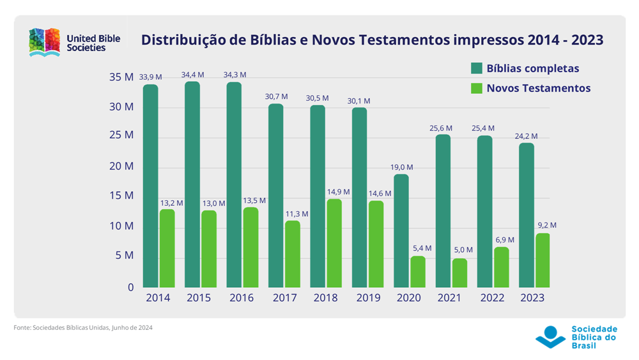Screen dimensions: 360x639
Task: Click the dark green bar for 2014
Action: (x=150, y=185)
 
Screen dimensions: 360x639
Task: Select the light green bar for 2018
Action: (x=334, y=243)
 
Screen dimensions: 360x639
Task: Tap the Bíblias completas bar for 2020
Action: (x=401, y=230)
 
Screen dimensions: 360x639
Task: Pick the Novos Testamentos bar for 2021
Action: (x=459, y=273)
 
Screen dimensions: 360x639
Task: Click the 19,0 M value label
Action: (x=401, y=168)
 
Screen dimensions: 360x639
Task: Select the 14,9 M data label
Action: (x=337, y=192)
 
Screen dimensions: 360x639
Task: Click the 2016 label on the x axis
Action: (x=241, y=298)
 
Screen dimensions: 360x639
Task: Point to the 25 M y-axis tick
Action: (x=121, y=136)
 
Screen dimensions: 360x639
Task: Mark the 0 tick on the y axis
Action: (x=130, y=288)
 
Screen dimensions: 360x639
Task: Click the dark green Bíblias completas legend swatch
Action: (x=476, y=68)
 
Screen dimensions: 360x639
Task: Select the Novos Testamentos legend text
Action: (x=538, y=88)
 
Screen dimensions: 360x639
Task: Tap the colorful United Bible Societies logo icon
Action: (x=45, y=42)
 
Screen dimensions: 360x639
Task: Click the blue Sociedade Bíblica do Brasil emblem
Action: (x=550, y=336)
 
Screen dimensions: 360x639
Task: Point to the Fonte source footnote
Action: (x=83, y=327)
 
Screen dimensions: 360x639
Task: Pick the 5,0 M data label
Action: (x=462, y=250)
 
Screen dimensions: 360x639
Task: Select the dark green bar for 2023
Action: (x=526, y=215)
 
